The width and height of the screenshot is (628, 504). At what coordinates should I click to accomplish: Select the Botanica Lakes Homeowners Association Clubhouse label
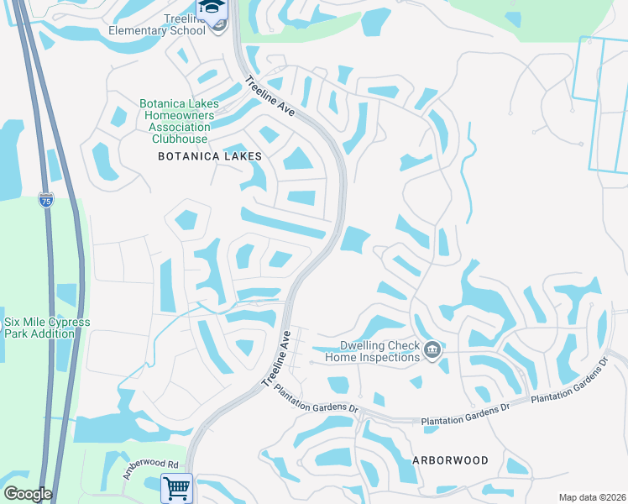[179, 122]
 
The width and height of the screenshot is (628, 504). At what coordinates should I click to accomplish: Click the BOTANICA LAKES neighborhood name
[210, 156]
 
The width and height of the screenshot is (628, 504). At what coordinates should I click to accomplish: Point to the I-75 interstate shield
[46, 201]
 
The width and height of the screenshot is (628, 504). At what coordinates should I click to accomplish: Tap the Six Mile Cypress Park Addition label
[47, 328]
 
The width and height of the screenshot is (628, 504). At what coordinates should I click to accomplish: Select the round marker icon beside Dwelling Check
[432, 350]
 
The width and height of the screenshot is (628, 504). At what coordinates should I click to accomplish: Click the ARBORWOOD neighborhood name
[450, 461]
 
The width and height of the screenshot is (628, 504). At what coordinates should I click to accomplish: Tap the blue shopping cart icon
[176, 487]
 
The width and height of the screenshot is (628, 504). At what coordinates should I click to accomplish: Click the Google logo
[28, 494]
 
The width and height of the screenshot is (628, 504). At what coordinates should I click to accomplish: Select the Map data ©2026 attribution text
[591, 497]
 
